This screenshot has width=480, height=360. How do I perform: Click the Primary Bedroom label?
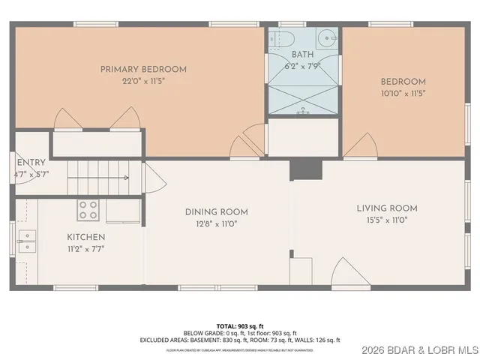143,70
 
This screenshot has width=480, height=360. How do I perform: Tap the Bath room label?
303,55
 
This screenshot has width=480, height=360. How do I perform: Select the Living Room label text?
386,208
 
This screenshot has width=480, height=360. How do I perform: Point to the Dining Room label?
216,211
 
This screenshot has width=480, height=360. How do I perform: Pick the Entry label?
31,162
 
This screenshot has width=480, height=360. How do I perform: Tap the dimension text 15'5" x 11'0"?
386,221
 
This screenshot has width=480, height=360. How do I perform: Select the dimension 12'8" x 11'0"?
216,223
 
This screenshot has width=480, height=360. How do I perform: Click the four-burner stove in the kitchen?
88,210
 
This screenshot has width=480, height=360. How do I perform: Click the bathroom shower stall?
303,97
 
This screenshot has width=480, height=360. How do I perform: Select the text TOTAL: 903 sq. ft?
239,326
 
